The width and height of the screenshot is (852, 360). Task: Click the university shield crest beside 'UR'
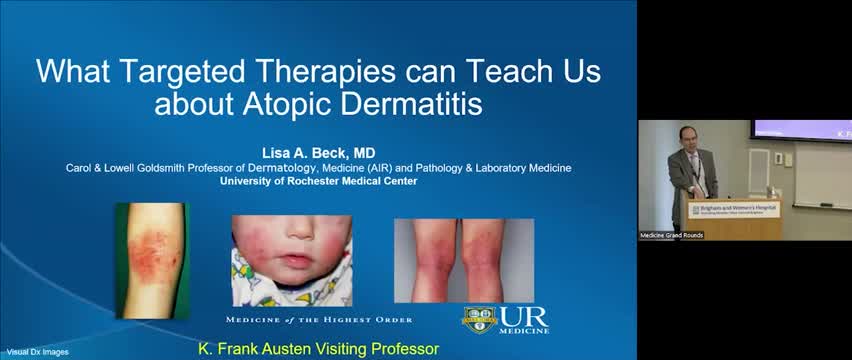[480, 318]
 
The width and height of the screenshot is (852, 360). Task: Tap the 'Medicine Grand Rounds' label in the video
[672, 235]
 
